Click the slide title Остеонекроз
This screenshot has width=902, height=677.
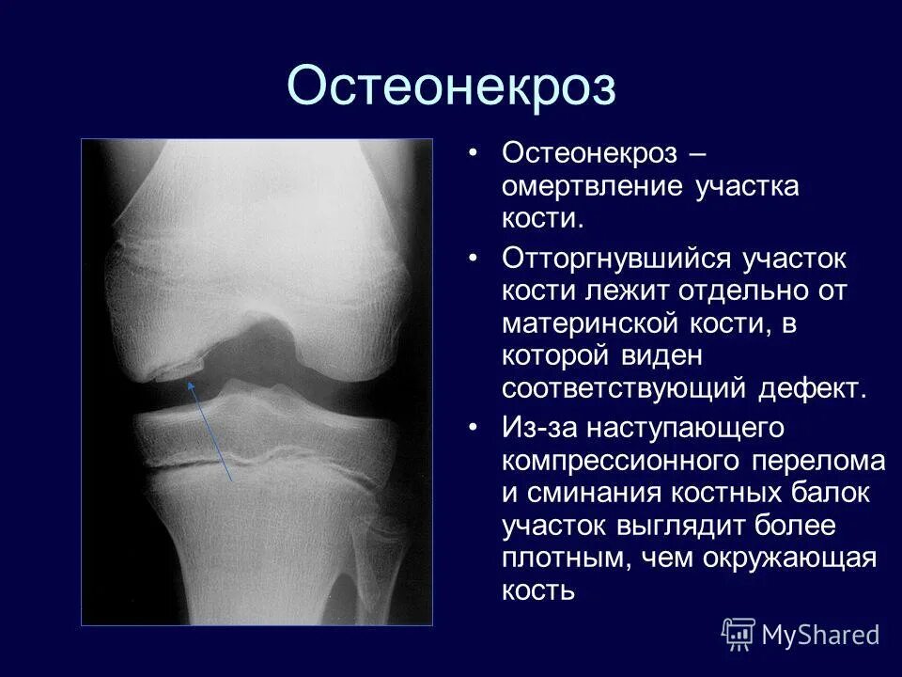tap(451, 87)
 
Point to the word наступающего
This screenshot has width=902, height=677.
tap(685, 428)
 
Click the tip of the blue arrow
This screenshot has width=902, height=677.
tap(191, 382)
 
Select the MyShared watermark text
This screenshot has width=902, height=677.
tap(820, 635)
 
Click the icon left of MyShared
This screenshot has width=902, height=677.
tap(739, 634)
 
